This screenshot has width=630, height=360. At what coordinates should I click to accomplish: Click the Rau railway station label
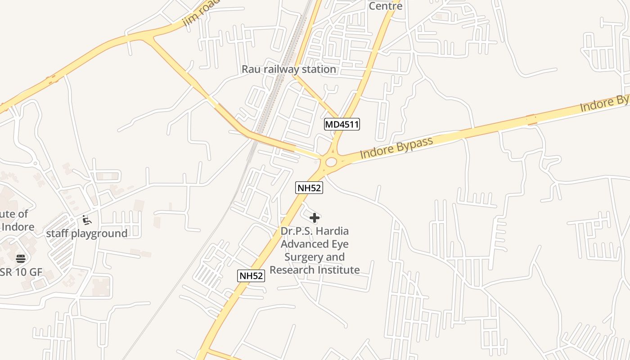click(x=288, y=69)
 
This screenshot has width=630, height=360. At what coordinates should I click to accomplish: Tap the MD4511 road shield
click(x=342, y=124)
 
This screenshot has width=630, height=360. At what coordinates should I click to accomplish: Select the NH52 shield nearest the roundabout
click(x=309, y=188)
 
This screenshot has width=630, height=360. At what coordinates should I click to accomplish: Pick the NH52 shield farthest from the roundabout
click(x=251, y=276)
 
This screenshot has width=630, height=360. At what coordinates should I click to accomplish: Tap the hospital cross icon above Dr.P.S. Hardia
click(x=315, y=218)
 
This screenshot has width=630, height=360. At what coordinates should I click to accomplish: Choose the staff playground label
click(x=87, y=234)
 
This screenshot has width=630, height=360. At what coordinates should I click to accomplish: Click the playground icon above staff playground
click(x=87, y=220)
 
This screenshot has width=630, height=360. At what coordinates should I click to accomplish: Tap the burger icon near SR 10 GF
click(x=21, y=258)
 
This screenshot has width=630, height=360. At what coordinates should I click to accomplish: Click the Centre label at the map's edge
click(x=386, y=6)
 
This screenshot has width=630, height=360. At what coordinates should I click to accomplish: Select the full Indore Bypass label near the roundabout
click(x=396, y=147)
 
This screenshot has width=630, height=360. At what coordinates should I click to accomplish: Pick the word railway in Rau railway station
click(x=288, y=69)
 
